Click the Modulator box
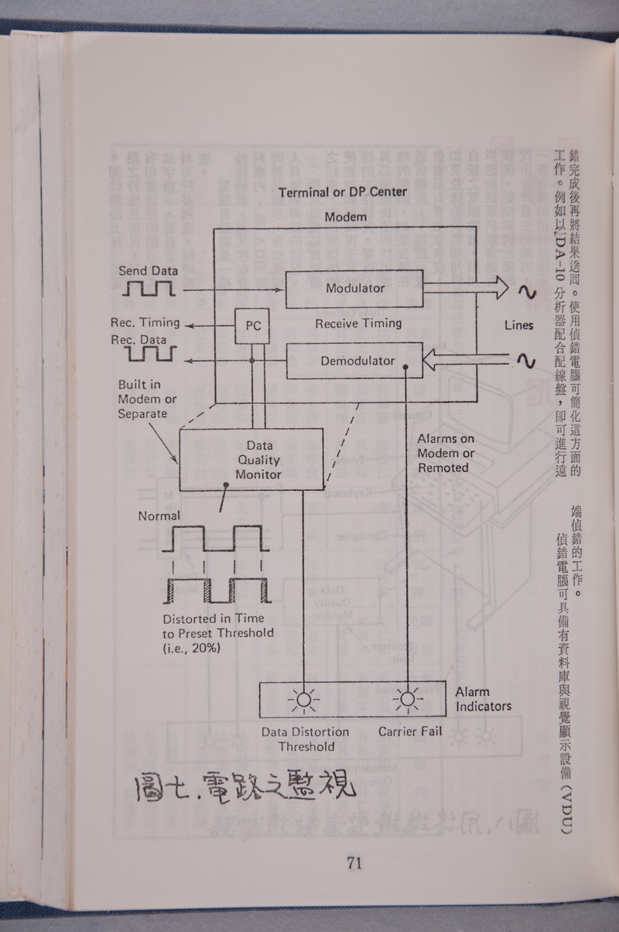[354, 289]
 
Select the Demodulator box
[354, 361]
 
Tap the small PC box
[253, 326]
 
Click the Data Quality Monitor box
[254, 460]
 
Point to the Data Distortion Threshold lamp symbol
[303, 701]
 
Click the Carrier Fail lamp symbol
[407, 701]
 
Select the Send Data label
[148, 271]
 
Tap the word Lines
[518, 325]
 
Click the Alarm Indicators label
[483, 699]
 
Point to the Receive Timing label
[357, 324]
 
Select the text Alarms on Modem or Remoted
[446, 453]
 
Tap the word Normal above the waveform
[159, 516]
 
